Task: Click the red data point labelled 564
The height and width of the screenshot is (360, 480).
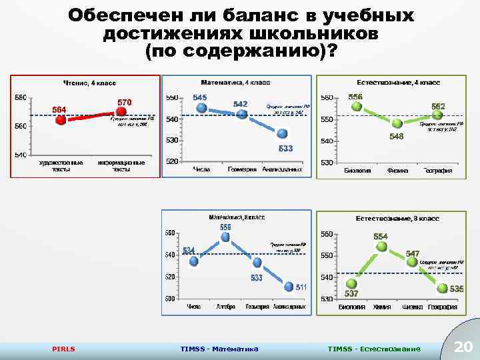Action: pos(61,121)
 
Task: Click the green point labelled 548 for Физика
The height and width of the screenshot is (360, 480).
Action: pos(397,123)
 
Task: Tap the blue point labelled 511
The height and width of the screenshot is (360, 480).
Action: pos(288,287)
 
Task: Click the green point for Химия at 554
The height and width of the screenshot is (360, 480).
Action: pos(381,247)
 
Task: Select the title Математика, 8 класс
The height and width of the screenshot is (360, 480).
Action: pos(237,218)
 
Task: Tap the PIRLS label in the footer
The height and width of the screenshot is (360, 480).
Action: pos(64,349)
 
